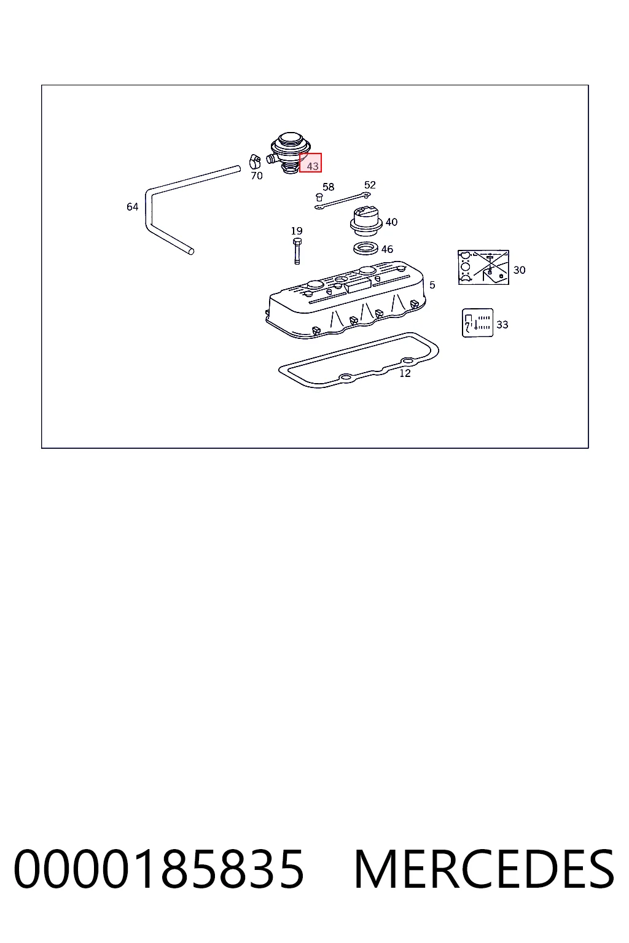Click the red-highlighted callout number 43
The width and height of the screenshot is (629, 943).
(312, 166)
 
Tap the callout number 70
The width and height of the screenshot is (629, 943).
(257, 176)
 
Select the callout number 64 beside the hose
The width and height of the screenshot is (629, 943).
(132, 207)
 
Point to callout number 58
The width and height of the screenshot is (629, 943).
(328, 187)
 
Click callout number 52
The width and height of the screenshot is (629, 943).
(370, 185)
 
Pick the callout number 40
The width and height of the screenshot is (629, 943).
(391, 222)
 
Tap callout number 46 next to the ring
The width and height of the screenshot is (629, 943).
(387, 249)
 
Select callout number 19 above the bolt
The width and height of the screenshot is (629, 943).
(297, 231)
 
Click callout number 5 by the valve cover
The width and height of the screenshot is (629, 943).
(432, 285)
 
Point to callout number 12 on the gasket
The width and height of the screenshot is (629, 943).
(405, 373)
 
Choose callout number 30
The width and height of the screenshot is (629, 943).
(519, 270)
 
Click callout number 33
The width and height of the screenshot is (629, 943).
(502, 325)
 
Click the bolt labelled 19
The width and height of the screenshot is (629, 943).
(297, 251)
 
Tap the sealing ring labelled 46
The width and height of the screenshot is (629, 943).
(365, 249)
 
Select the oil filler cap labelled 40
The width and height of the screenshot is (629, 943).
(365, 220)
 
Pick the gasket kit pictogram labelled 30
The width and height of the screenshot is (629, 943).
(483, 267)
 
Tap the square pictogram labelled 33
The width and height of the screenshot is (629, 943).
(477, 322)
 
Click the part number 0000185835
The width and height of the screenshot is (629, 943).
(158, 869)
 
